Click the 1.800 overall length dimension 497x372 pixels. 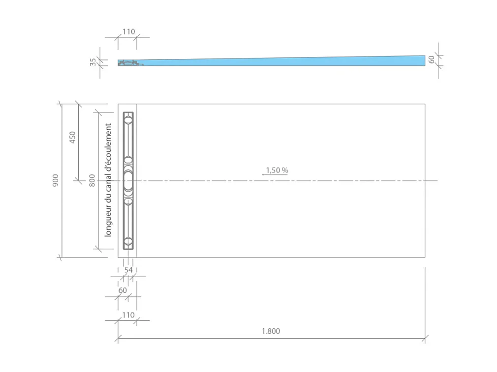coord(271,331)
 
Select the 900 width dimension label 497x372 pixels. coord(55,180)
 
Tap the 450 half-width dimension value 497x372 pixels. coord(72,137)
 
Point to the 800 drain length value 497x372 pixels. coord(92,180)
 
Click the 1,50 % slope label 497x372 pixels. coord(277,170)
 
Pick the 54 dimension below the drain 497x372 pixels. coord(128,270)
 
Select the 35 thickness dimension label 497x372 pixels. coord(93,62)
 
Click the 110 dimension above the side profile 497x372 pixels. coord(128,31)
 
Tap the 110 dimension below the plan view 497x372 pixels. coord(128,315)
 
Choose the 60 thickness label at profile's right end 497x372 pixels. coord(432,59)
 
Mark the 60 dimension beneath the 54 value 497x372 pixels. coord(123,290)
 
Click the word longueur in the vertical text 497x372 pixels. coord(108,219)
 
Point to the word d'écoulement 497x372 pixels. coord(108,147)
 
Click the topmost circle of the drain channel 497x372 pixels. coord(128,120)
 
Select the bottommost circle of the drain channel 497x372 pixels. coord(128,241)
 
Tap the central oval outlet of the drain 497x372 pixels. coord(128,180)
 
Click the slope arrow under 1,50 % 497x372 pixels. coord(274,175)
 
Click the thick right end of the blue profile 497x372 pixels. coord(421,60)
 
